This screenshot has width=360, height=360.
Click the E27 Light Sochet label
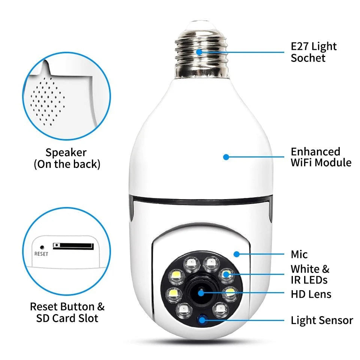(313, 52)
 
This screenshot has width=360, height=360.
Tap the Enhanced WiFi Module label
(321, 157)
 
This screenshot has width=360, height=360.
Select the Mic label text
(299, 255)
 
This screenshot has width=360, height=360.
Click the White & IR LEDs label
(310, 274)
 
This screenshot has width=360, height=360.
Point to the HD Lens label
(311, 294)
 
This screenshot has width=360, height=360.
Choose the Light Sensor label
(322, 321)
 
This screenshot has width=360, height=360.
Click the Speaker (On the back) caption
(67, 158)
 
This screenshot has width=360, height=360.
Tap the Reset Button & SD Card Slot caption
(67, 312)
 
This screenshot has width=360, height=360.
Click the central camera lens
(201, 292)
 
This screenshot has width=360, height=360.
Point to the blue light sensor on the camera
(203, 320)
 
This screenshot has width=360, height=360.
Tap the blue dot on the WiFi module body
(226, 157)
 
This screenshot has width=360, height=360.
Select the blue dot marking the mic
(236, 254)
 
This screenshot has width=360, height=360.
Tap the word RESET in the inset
(41, 254)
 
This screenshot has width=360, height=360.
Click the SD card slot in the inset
(73, 246)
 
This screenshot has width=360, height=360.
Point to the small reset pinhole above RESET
(42, 247)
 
